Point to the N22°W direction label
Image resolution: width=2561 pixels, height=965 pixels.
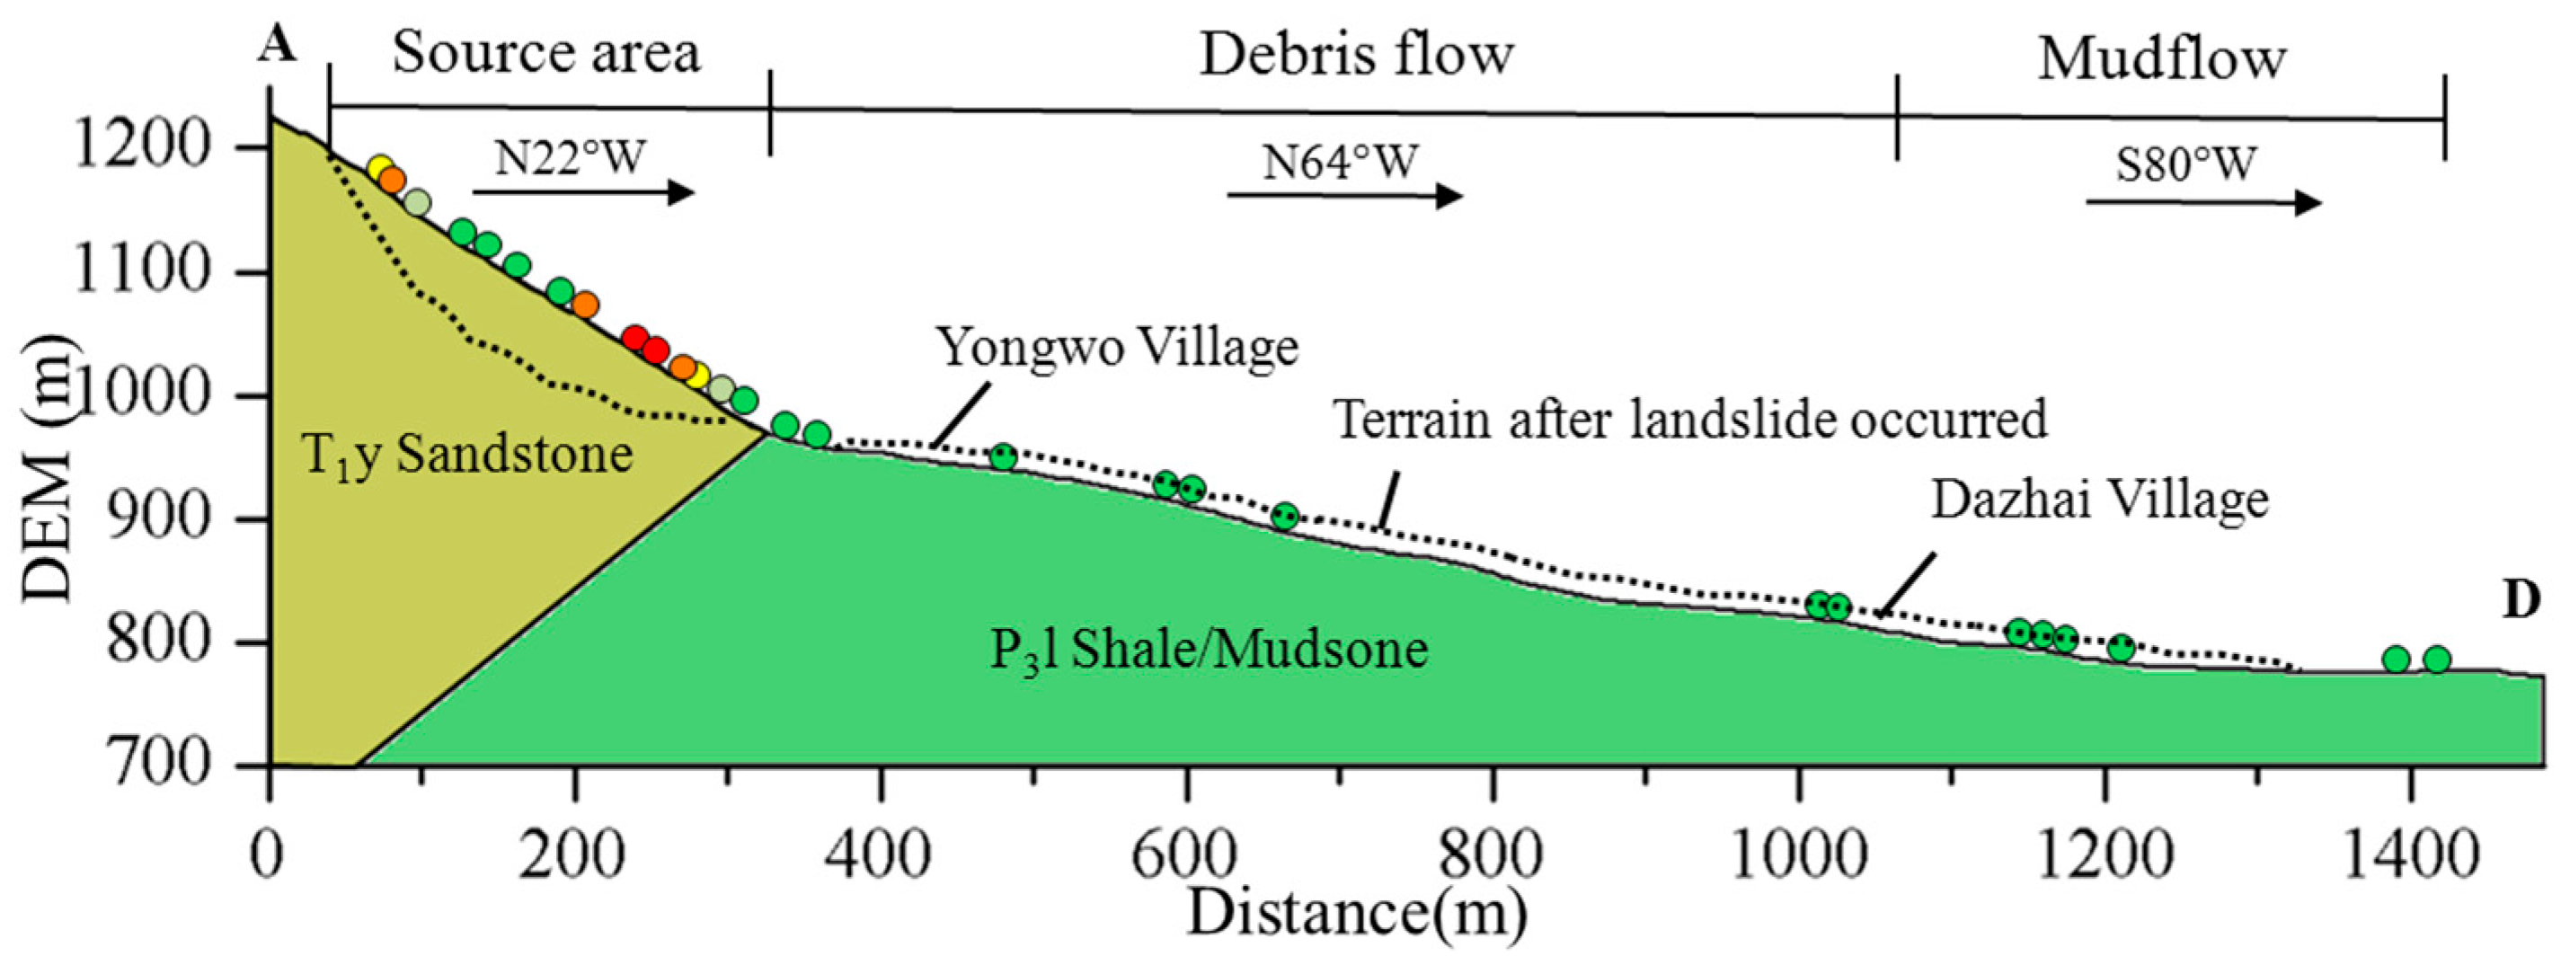tap(571, 157)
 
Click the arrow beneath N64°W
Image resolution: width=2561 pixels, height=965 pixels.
tap(1345, 196)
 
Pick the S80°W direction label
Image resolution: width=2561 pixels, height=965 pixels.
tap(2185, 165)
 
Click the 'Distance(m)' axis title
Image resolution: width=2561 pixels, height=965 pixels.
tap(1356, 912)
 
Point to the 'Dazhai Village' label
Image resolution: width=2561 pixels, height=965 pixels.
tap(2100, 500)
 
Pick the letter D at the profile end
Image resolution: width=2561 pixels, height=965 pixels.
tap(2521, 600)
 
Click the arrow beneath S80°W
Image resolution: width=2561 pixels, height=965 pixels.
tap(2203, 204)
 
